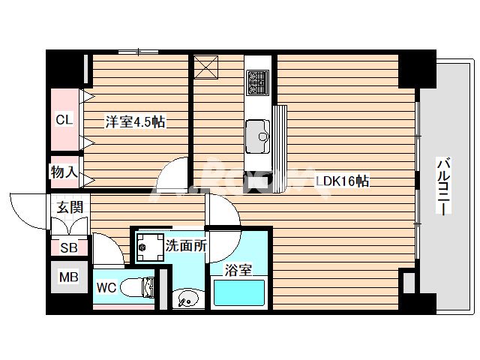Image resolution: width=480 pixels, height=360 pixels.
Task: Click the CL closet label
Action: click(64, 119)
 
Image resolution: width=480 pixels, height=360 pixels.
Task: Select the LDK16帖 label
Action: click(341, 181)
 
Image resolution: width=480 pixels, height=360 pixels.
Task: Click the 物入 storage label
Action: click(64, 172)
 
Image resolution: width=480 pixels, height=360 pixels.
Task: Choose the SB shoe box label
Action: click(67, 247)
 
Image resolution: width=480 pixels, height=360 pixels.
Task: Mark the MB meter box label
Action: click(68, 277)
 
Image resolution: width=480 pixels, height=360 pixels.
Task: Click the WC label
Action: click(105, 287)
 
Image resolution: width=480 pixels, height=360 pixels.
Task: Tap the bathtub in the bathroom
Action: click(239, 292)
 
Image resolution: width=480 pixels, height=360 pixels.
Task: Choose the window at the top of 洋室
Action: click(139, 52)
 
